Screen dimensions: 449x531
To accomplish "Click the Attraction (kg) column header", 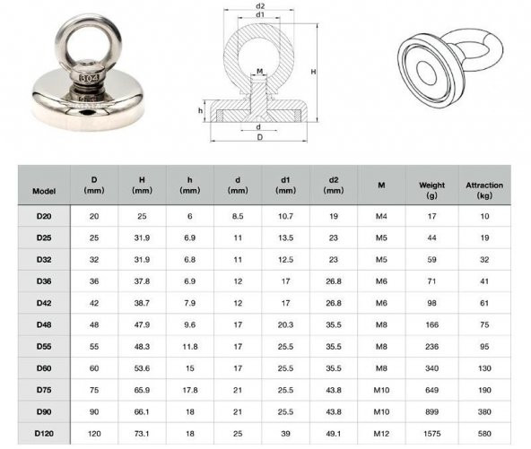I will pos(484,190).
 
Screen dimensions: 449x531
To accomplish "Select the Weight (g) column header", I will pos(431,190).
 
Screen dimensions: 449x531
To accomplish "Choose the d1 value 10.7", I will pos(285,217).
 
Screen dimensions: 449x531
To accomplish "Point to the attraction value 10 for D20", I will pos(484,217).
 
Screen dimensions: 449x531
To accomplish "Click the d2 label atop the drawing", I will pos(260,6).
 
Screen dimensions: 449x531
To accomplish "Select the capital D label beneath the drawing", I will pos(260,138).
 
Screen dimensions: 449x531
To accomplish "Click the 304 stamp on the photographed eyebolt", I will pos(89,78).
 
